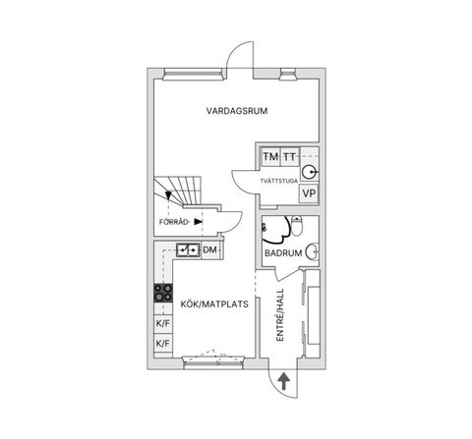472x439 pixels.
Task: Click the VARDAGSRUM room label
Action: coord(237,111)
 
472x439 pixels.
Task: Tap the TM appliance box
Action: coord(270,157)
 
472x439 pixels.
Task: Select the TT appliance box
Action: coord(290,157)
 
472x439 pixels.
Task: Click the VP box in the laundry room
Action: coord(309,193)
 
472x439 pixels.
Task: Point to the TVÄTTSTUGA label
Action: coord(279,181)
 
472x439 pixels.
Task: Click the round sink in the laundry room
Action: coord(309,172)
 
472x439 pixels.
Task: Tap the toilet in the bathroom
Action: coord(297,226)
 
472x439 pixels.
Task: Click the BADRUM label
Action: coord(283,253)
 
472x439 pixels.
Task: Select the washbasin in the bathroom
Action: coord(313,252)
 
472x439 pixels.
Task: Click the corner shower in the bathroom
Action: coord(276,230)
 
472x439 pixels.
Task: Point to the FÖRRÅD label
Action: coord(174,222)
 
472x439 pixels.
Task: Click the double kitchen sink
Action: coord(188,249)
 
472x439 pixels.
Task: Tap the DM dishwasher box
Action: coord(210,250)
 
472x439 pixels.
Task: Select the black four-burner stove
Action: coord(163,293)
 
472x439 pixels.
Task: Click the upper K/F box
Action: coord(163,323)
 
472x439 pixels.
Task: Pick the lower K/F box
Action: coord(163,344)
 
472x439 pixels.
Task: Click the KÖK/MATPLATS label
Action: coord(214,304)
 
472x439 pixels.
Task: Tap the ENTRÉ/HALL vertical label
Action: coord(280,315)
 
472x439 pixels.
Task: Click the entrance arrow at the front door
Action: coord(283,382)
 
